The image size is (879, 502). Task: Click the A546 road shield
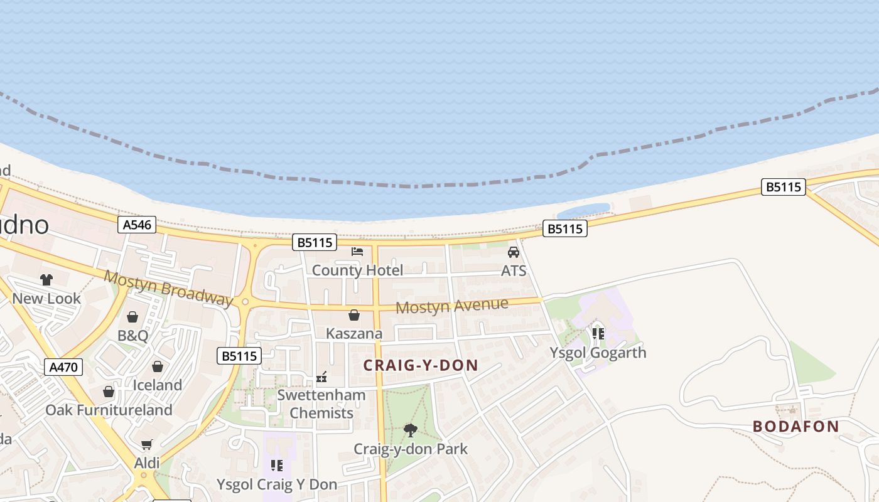(x=137, y=225)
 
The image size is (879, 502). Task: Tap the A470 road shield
(x=63, y=367)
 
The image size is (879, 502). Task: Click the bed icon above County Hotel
(x=357, y=252)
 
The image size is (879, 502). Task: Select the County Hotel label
(x=357, y=270)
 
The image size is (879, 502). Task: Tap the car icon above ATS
(x=514, y=252)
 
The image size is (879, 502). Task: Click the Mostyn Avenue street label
(x=451, y=306)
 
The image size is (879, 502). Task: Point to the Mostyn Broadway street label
(x=168, y=288)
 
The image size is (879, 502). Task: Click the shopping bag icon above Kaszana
(x=354, y=314)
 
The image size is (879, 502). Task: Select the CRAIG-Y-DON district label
(x=421, y=365)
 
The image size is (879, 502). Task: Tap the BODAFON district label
(x=795, y=427)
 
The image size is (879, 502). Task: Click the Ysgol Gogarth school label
(x=598, y=353)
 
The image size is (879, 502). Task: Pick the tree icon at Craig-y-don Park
(x=411, y=430)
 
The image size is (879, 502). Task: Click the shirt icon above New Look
(x=46, y=280)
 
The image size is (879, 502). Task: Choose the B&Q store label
(x=133, y=336)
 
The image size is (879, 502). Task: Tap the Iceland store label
(x=157, y=385)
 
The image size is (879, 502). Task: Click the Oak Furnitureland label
(x=109, y=410)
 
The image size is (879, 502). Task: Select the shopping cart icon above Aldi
(x=147, y=444)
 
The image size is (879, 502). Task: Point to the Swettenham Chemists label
(x=321, y=404)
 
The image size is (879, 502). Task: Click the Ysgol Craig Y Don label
(x=277, y=484)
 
